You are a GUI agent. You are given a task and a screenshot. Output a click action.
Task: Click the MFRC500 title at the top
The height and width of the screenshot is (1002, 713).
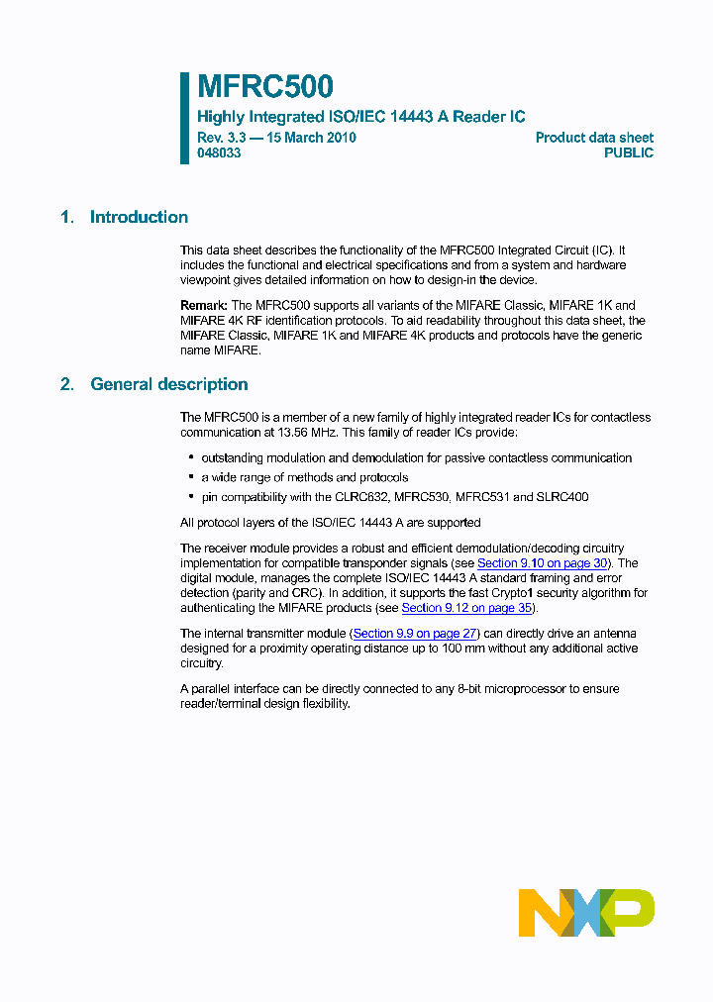click(264, 87)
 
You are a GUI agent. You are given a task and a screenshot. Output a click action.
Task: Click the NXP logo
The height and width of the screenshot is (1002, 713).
click(586, 913)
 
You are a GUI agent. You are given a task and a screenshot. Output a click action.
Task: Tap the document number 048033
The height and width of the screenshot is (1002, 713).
click(218, 153)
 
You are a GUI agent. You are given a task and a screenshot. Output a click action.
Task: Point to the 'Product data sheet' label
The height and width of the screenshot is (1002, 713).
click(594, 138)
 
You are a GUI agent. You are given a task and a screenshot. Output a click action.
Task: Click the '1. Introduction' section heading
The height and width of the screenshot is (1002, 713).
click(124, 218)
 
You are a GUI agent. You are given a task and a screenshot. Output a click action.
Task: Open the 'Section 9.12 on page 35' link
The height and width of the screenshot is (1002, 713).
click(467, 608)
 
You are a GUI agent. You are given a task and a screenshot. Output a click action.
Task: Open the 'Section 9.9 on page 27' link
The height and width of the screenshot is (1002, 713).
click(416, 634)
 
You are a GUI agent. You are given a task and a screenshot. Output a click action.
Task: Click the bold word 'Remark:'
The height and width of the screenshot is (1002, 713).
click(204, 306)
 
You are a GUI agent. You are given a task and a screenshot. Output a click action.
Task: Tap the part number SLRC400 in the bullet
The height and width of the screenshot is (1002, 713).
click(562, 497)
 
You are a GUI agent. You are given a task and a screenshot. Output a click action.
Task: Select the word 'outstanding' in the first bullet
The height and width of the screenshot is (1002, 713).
click(232, 458)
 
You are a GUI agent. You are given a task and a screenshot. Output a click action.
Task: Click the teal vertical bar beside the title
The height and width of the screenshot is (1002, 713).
click(184, 117)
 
